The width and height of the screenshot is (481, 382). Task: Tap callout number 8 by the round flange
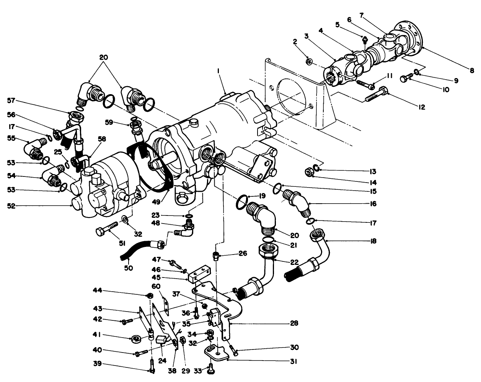pos(472,70)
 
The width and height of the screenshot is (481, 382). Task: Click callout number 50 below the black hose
pos(129,268)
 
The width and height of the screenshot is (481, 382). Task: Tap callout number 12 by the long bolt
pos(421,108)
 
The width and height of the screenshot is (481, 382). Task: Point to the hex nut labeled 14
pos(309,172)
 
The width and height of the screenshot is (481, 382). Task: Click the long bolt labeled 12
pos(377,94)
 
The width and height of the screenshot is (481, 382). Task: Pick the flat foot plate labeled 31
pos(215,353)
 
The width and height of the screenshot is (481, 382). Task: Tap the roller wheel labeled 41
pos(137,338)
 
